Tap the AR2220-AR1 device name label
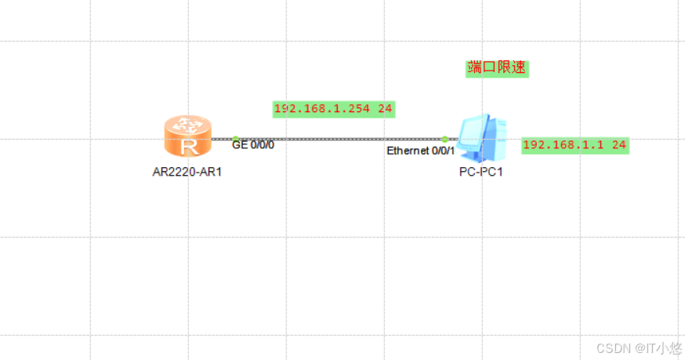click(x=187, y=171)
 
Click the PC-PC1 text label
click(x=480, y=172)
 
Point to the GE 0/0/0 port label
click(x=253, y=145)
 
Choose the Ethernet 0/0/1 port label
click(x=420, y=151)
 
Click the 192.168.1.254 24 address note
click(x=332, y=109)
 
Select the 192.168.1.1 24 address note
click(x=575, y=145)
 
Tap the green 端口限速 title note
click(x=498, y=68)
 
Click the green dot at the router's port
click(x=235, y=139)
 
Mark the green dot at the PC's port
click(x=444, y=139)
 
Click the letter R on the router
click(x=187, y=145)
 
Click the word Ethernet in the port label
click(x=408, y=151)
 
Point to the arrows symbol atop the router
click(x=187, y=124)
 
